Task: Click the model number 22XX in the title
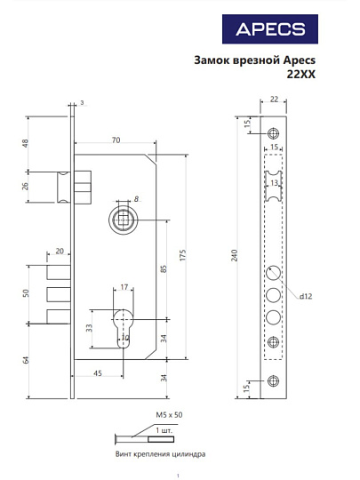point(302,75)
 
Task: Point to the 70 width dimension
point(116,140)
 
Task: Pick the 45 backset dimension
point(97,373)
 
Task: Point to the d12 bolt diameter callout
point(305,296)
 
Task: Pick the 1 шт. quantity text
point(164,431)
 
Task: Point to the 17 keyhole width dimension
point(124,287)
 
